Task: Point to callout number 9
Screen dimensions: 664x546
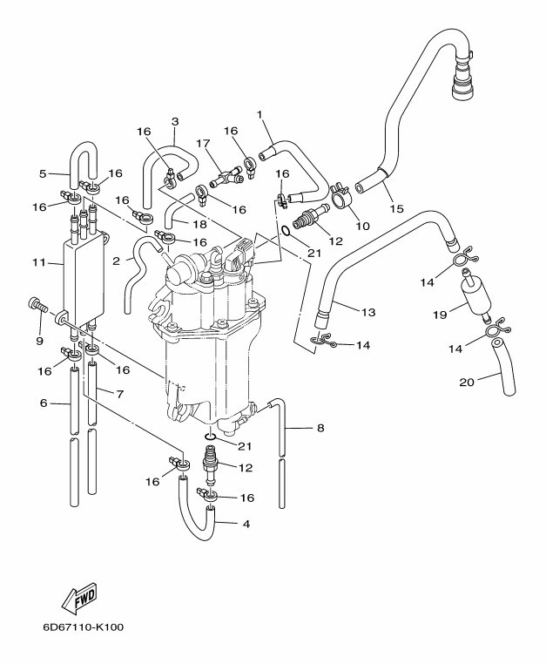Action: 39,341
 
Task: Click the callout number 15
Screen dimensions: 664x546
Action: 397,208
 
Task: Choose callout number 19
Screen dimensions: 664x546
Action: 441,313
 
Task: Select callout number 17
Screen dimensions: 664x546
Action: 204,144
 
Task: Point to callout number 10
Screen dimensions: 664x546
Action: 362,227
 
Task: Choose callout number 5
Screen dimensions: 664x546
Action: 43,173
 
